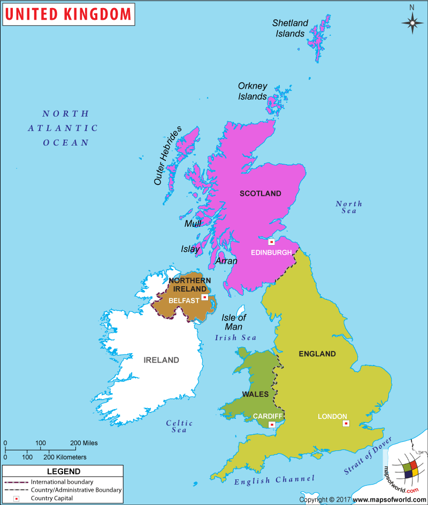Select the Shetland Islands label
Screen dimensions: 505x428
click(291, 28)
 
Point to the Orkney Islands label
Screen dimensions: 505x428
click(253, 91)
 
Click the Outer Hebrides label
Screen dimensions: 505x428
click(167, 156)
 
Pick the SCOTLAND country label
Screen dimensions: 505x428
click(260, 194)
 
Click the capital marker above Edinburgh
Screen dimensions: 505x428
click(271, 242)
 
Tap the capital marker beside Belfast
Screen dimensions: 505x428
click(204, 297)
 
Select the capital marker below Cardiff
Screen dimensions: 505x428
click(272, 425)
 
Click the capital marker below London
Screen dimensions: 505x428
click(346, 424)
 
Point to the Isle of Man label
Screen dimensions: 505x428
click(234, 322)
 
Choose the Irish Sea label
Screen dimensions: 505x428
click(235, 338)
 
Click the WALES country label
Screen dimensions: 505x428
click(255, 394)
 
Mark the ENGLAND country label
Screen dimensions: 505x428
click(317, 354)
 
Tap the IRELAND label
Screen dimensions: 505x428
click(161, 360)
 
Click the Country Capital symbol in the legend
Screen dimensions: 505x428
click(16, 499)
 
